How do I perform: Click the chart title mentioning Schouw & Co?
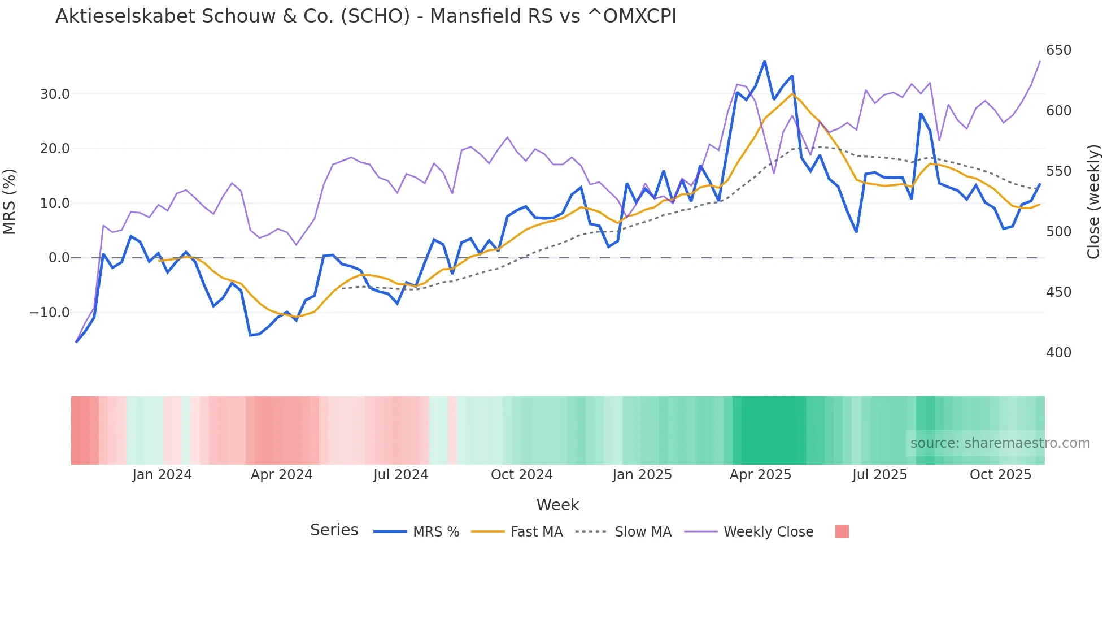(x=365, y=16)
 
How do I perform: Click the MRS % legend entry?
(x=435, y=532)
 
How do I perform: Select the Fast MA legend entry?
(x=536, y=532)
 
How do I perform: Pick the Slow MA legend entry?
(x=643, y=532)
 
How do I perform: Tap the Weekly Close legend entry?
(x=768, y=532)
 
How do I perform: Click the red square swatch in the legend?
(x=842, y=531)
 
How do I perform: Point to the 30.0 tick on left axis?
(x=55, y=94)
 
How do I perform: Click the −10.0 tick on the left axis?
(x=50, y=313)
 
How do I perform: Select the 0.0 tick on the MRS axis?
(x=59, y=258)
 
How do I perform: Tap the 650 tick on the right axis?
(x=1058, y=50)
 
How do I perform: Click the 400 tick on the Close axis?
(x=1058, y=353)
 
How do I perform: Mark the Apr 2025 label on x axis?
(x=760, y=475)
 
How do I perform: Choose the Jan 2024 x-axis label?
(x=162, y=475)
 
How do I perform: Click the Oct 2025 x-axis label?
(x=1000, y=475)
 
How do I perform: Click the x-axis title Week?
(x=557, y=505)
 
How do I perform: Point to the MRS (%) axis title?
(x=10, y=202)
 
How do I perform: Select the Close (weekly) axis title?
(x=1093, y=202)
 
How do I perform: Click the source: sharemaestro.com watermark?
(x=1000, y=443)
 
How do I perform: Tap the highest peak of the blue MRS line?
(x=764, y=62)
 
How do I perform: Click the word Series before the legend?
(x=334, y=530)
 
